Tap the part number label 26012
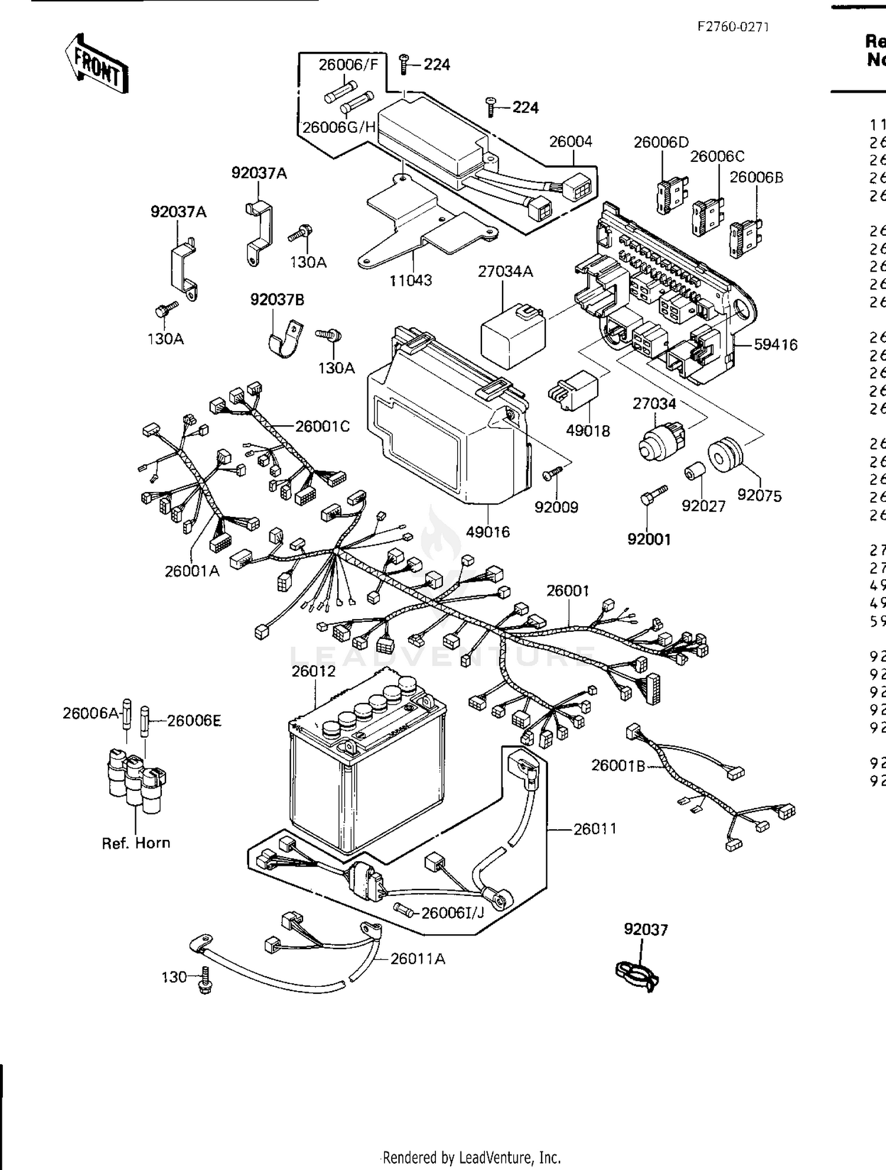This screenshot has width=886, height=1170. click(313, 672)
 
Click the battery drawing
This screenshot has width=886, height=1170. click(366, 768)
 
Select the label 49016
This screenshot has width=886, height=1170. click(487, 532)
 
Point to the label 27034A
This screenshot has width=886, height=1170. click(505, 271)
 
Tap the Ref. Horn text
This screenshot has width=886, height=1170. click(136, 843)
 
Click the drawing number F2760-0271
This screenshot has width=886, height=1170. click(732, 27)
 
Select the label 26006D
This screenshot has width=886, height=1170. click(661, 142)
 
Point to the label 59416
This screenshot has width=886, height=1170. click(776, 344)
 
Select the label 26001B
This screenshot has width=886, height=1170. click(618, 765)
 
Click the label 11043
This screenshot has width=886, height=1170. click(411, 281)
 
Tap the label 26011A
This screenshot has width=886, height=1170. click(418, 959)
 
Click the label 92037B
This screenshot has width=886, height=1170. click(277, 300)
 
